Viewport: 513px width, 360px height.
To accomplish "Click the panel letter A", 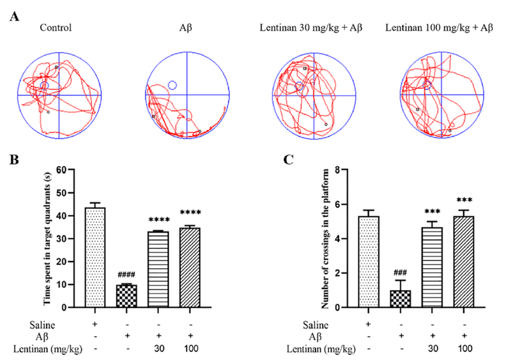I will [15, 16].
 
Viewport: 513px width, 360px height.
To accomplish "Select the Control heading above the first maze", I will [56, 27].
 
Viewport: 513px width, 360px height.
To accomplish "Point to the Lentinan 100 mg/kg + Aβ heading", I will [439, 27].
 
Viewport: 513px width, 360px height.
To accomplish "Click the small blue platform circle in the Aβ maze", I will [173, 85].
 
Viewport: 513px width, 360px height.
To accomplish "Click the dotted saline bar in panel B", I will [95, 257].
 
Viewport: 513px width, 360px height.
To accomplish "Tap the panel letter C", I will [289, 160].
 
